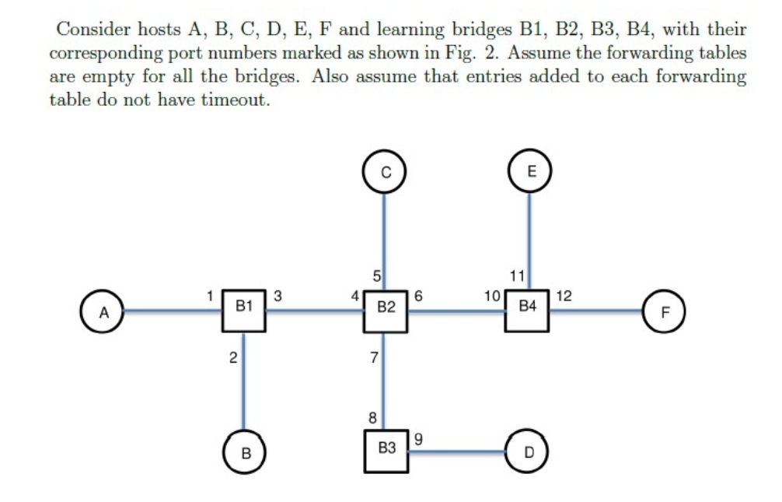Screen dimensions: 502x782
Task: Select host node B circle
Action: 245,451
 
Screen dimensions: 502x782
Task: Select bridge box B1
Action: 245,309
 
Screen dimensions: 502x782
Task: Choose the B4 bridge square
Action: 529,309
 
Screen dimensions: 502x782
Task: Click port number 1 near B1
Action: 210,295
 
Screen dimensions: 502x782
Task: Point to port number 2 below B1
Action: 232,357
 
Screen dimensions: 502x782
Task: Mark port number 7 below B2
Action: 374,357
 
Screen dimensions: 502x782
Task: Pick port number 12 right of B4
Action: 564,296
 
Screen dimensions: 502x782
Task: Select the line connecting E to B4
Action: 529,233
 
